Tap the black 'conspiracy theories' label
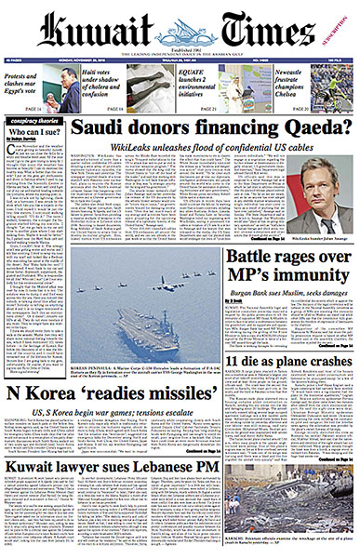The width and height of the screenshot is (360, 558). [x=34, y=119]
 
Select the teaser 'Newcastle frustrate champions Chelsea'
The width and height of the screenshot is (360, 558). [x=321, y=85]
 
